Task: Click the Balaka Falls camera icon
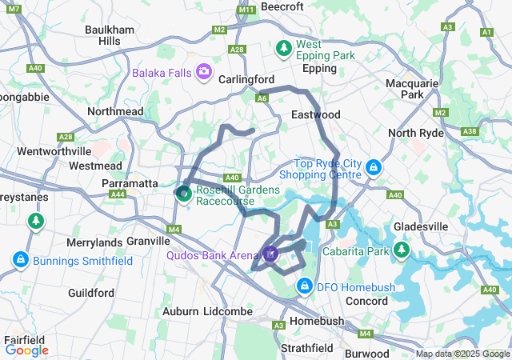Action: point(204,73)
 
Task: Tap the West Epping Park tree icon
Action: point(284,50)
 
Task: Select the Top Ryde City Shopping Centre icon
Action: point(374,168)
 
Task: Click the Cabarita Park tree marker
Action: point(402,251)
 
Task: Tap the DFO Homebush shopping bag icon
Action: point(305,286)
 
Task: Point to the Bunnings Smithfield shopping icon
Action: point(20,259)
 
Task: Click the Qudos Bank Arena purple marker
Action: point(271,255)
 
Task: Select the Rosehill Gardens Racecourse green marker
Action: point(183,193)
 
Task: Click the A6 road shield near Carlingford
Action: point(262,98)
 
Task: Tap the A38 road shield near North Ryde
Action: point(470,132)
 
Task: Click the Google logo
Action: point(26,350)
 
